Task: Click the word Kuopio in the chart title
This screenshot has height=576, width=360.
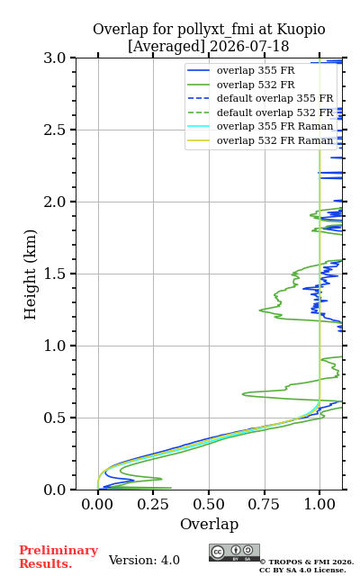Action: [x=301, y=30]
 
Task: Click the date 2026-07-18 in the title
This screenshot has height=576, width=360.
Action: [x=249, y=46]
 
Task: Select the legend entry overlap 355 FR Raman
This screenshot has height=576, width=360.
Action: [x=274, y=126]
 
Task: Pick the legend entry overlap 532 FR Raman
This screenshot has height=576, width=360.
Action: [x=274, y=140]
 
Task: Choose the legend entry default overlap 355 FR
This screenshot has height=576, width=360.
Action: [x=274, y=98]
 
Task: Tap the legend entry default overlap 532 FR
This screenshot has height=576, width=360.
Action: [x=274, y=112]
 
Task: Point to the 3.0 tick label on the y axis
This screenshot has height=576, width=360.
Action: [x=54, y=58]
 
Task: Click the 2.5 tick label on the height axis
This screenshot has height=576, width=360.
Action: [x=54, y=130]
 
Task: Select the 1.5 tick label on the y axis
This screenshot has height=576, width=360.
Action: [x=54, y=274]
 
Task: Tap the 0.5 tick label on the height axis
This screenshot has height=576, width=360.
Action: [x=54, y=418]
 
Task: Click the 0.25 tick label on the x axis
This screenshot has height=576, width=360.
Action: [x=154, y=504]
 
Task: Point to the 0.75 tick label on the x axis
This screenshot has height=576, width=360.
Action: [x=265, y=504]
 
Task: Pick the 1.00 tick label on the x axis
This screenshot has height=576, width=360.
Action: [x=319, y=504]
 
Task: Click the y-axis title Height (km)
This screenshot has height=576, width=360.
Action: [x=30, y=274]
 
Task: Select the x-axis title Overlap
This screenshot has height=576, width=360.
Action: [x=209, y=524]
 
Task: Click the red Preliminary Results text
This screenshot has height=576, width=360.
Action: [x=58, y=557]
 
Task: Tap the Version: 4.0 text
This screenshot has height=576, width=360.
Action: [x=144, y=560]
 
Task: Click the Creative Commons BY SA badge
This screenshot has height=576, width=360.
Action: [x=234, y=553]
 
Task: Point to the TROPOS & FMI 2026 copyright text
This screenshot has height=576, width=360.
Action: [x=307, y=562]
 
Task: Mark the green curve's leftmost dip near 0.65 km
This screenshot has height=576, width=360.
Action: [x=243, y=394]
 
